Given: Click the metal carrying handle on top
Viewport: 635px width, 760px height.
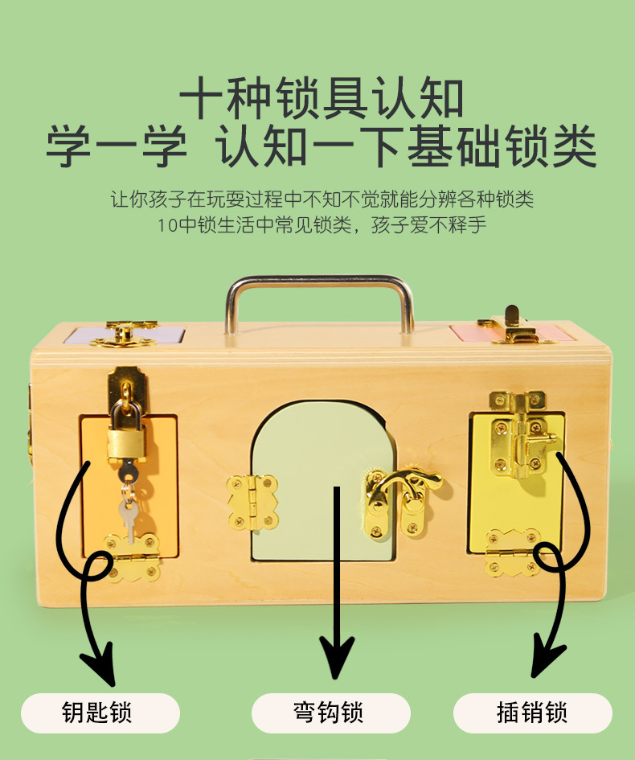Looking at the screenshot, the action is (x=320, y=283).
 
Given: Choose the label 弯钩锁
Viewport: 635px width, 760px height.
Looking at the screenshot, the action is (x=330, y=713).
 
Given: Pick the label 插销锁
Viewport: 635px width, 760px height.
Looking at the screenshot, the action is (x=532, y=713).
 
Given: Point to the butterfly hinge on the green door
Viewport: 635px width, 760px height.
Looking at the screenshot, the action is (x=252, y=502).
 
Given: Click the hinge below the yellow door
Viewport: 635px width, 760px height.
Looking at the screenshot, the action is (x=511, y=553).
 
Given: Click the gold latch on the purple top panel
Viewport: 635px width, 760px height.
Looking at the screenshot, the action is (x=122, y=335).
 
